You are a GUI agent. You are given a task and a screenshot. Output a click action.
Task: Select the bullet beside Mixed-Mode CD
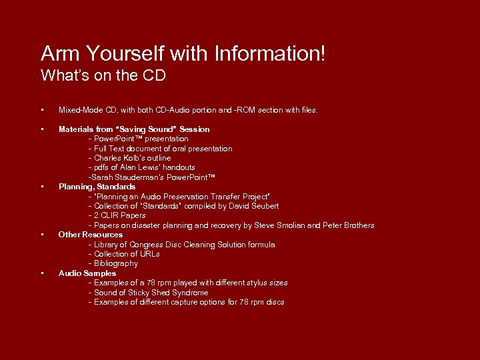click(x=42, y=110)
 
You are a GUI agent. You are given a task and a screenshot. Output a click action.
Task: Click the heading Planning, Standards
click(x=97, y=187)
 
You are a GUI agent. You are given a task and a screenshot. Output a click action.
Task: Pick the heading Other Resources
click(x=91, y=235)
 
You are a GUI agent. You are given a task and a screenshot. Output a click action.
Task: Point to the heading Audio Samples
click(x=87, y=273)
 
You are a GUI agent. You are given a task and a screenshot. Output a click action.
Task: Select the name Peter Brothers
click(x=350, y=225)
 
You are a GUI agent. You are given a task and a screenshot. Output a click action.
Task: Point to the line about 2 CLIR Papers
click(x=117, y=216)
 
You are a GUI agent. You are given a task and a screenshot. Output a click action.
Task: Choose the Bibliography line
click(x=116, y=264)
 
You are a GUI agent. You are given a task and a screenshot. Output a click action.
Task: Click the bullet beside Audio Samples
click(x=42, y=273)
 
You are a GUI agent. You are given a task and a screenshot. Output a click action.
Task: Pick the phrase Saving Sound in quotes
click(x=143, y=129)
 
